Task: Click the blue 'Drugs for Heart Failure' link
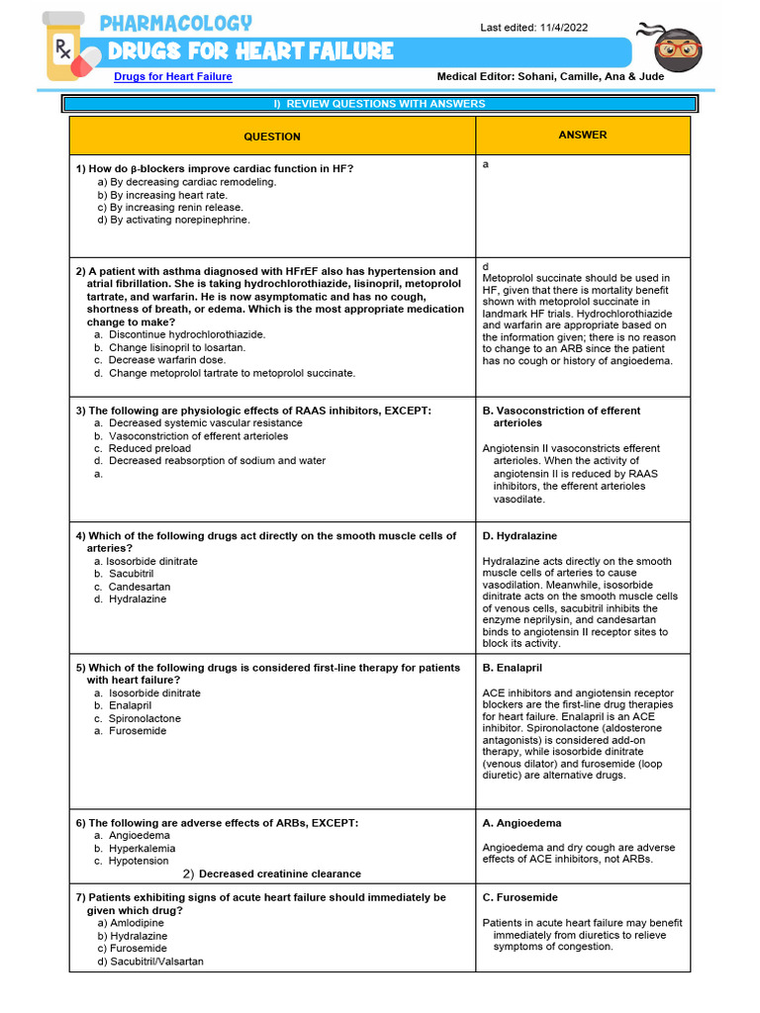[173, 76]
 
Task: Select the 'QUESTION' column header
[272, 137]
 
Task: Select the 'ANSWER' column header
[583, 135]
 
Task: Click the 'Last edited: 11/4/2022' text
[533, 28]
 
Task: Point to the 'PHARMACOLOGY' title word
[176, 23]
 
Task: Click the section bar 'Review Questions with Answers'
[379, 104]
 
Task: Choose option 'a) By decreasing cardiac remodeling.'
[187, 182]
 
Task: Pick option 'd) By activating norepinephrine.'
[173, 220]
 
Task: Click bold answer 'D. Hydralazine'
[520, 535]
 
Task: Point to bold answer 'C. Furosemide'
[520, 897]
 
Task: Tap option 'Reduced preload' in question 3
[150, 448]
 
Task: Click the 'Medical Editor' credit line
[561, 76]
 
